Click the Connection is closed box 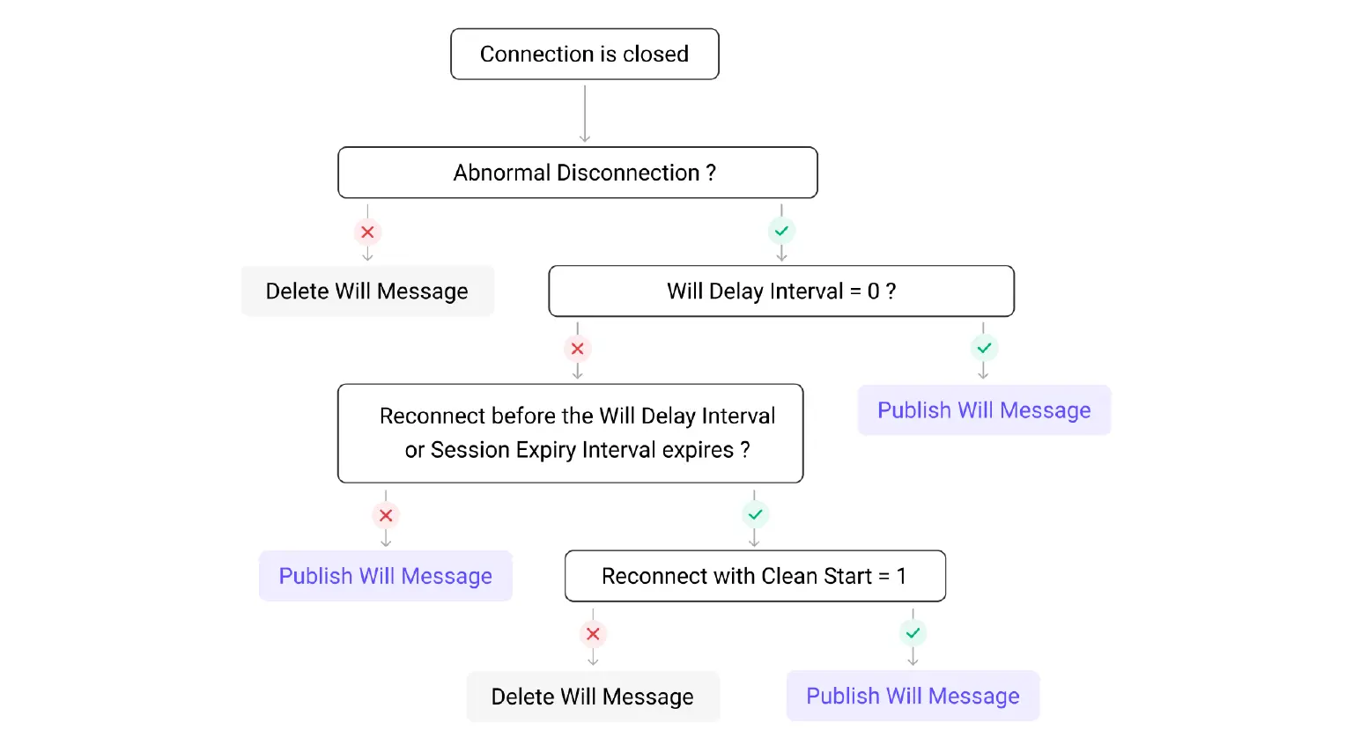tap(584, 55)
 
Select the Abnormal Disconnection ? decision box tap(577, 173)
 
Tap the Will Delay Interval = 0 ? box tap(780, 291)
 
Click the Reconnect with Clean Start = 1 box tap(754, 576)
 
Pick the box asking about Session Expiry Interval tap(570, 433)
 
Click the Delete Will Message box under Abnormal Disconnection tap(367, 291)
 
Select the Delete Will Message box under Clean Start tap(593, 697)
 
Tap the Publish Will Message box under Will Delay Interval tap(984, 410)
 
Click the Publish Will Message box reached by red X tap(385, 576)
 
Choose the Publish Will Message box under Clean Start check tap(913, 696)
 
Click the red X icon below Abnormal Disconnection tap(367, 232)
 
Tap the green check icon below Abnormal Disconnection tap(781, 231)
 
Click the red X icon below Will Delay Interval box tap(577, 349)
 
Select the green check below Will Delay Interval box tap(984, 348)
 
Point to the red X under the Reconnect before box tap(386, 515)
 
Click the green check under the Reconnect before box tap(755, 514)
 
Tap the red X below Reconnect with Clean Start tap(593, 634)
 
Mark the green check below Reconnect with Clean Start tap(913, 633)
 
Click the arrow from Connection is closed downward tap(584, 113)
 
